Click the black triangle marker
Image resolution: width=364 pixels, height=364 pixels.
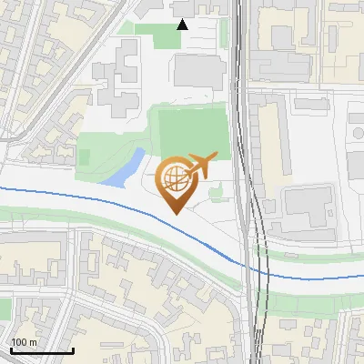(182, 24)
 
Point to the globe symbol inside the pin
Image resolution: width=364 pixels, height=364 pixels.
(174, 177)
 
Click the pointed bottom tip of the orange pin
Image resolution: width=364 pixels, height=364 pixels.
(174, 213)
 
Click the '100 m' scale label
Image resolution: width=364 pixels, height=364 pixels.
(25, 341)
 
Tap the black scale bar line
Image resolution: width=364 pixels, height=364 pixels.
(42, 350)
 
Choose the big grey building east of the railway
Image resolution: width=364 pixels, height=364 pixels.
(308, 208)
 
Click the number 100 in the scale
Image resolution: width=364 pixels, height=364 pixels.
(19, 341)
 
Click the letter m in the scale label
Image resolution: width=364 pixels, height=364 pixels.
(34, 341)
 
